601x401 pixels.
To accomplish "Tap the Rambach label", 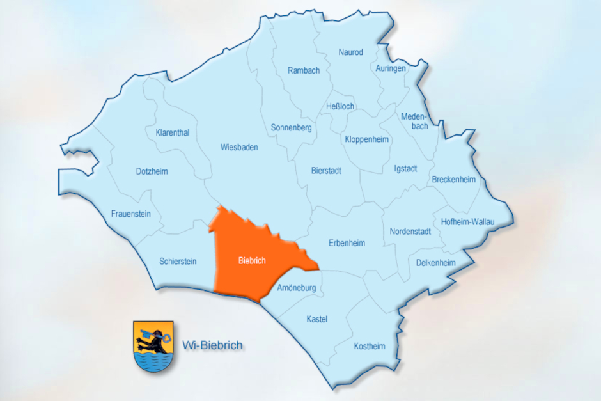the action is tap(303, 70).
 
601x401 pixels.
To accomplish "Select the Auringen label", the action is tap(391, 68).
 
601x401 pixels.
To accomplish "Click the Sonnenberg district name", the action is tap(291, 128).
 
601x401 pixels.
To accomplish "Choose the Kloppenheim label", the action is tap(366, 139).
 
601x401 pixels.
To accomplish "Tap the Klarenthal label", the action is tap(172, 133).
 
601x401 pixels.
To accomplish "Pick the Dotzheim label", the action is tap(152, 171).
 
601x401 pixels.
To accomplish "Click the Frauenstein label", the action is tap(130, 214).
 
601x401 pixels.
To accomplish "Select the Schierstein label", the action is tap(178, 261).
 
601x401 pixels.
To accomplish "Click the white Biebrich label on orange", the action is tap(251, 261).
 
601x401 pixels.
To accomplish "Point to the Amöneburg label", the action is tap(296, 288).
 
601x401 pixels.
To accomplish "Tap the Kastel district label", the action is tap(316, 318).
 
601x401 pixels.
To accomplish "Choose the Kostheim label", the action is tap(370, 346).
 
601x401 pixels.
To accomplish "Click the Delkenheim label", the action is tap(435, 262).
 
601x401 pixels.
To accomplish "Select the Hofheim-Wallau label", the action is tap(468, 222).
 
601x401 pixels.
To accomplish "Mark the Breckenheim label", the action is tap(453, 180).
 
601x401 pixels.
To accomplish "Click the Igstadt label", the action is tap(405, 169).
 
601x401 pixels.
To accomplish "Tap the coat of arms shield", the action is tap(152, 346).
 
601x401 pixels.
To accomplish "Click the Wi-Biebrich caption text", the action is tap(212, 345).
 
